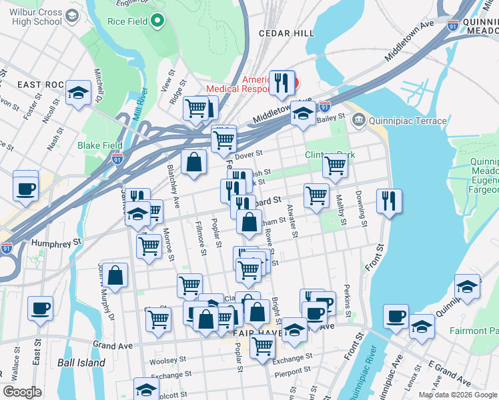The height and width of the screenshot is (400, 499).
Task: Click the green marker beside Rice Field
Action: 157,21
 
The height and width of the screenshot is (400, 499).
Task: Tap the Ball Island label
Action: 81,363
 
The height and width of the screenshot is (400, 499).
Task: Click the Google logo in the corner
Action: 22,391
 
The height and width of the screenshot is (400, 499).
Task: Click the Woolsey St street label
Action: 165,361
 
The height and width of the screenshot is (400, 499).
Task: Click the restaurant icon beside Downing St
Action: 388,201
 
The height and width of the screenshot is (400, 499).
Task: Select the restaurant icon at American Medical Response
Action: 282,83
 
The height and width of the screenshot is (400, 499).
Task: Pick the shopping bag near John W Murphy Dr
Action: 115,275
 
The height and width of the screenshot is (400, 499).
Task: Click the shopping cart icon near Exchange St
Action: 263,345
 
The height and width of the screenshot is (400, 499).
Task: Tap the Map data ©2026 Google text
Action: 458,395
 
